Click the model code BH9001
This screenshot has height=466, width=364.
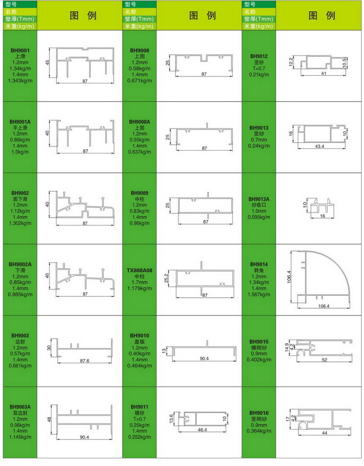coord(20,50)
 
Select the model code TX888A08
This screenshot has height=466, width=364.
coord(139,270)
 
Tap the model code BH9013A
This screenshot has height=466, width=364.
coord(259,199)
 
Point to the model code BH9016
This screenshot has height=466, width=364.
coord(259,413)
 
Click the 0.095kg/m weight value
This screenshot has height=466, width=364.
coord(259,217)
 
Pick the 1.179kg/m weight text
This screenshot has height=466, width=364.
coord(139,289)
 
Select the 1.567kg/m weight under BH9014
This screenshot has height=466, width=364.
coord(259,294)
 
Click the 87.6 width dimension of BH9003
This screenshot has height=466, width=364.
coord(85,361)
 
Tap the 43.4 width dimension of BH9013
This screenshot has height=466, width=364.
coord(319,147)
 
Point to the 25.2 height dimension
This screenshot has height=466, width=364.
coord(166,279)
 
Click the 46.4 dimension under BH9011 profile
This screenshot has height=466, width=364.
coord(202,430)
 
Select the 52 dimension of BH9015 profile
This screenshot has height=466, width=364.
coord(325,360)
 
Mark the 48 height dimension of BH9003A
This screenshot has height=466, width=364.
coord(49,419)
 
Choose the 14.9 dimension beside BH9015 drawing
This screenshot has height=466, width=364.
coord(287,347)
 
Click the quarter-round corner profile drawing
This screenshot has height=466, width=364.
coord(320,277)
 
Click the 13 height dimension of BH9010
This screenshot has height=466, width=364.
coord(164,351)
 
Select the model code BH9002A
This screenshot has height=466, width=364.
coord(20,265)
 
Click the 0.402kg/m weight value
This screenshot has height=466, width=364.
coord(259,360)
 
